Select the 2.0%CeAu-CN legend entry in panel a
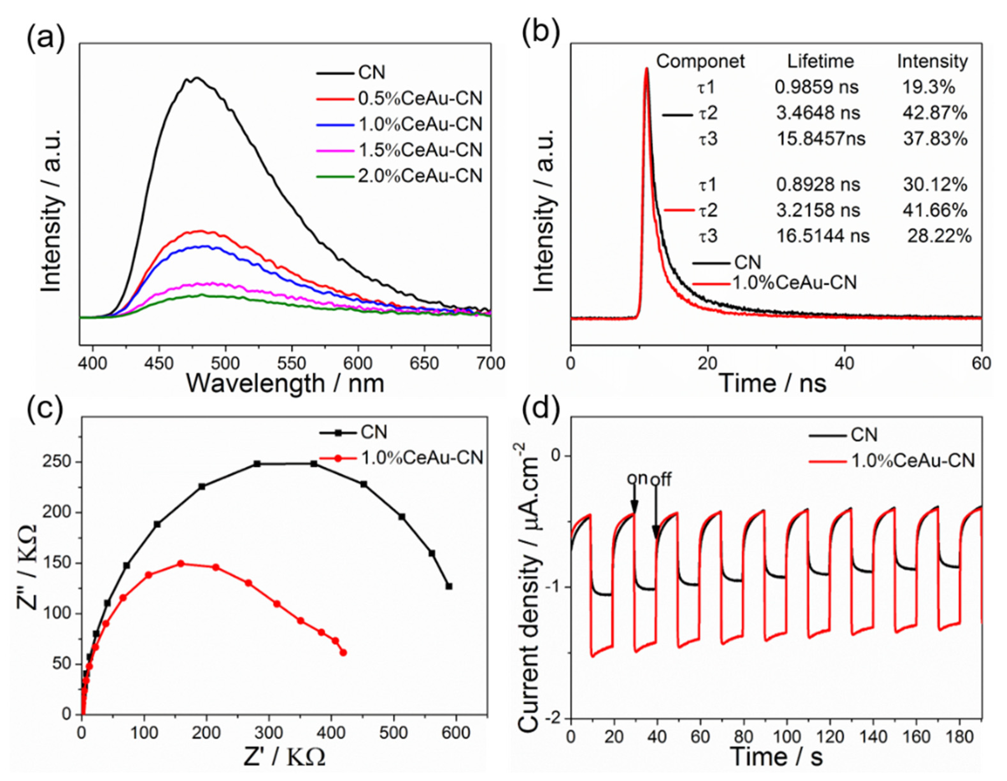(420, 176)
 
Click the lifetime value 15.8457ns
(821, 139)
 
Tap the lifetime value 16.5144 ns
(823, 236)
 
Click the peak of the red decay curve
(646, 69)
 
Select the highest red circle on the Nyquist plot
(181, 564)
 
